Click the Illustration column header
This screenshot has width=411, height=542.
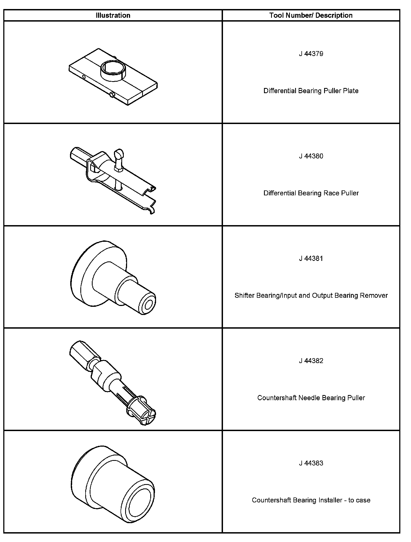coord(113,15)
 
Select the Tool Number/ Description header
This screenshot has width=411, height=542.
coord(311,15)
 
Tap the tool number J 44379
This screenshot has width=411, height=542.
coord(311,54)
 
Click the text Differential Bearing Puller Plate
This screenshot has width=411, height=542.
coord(311,91)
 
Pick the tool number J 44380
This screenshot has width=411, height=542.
coord(311,156)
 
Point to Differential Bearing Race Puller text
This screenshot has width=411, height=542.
coord(311,193)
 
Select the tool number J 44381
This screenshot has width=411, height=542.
coord(311,258)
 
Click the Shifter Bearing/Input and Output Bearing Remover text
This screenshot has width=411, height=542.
coord(311,295)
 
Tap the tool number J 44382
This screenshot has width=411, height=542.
coord(311,361)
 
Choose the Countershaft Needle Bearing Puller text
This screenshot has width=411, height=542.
coord(311,398)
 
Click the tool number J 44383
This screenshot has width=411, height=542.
coord(311,463)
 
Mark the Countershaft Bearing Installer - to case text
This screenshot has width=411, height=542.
coord(311,500)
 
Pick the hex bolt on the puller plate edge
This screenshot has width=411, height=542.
coord(111,95)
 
